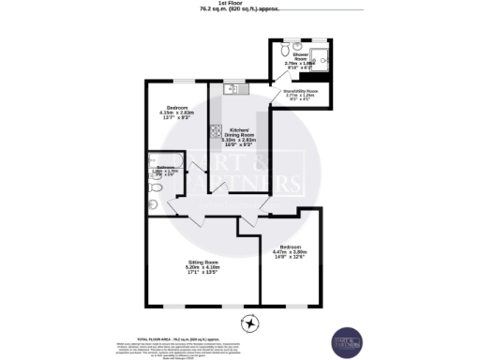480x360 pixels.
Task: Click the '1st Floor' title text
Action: tap(239, 4)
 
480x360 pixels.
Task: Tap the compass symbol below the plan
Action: tap(249, 324)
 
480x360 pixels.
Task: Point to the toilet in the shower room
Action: tap(279, 47)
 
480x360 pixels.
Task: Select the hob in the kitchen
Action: tap(215, 132)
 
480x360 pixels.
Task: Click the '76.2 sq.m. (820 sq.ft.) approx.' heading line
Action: tap(239, 10)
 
